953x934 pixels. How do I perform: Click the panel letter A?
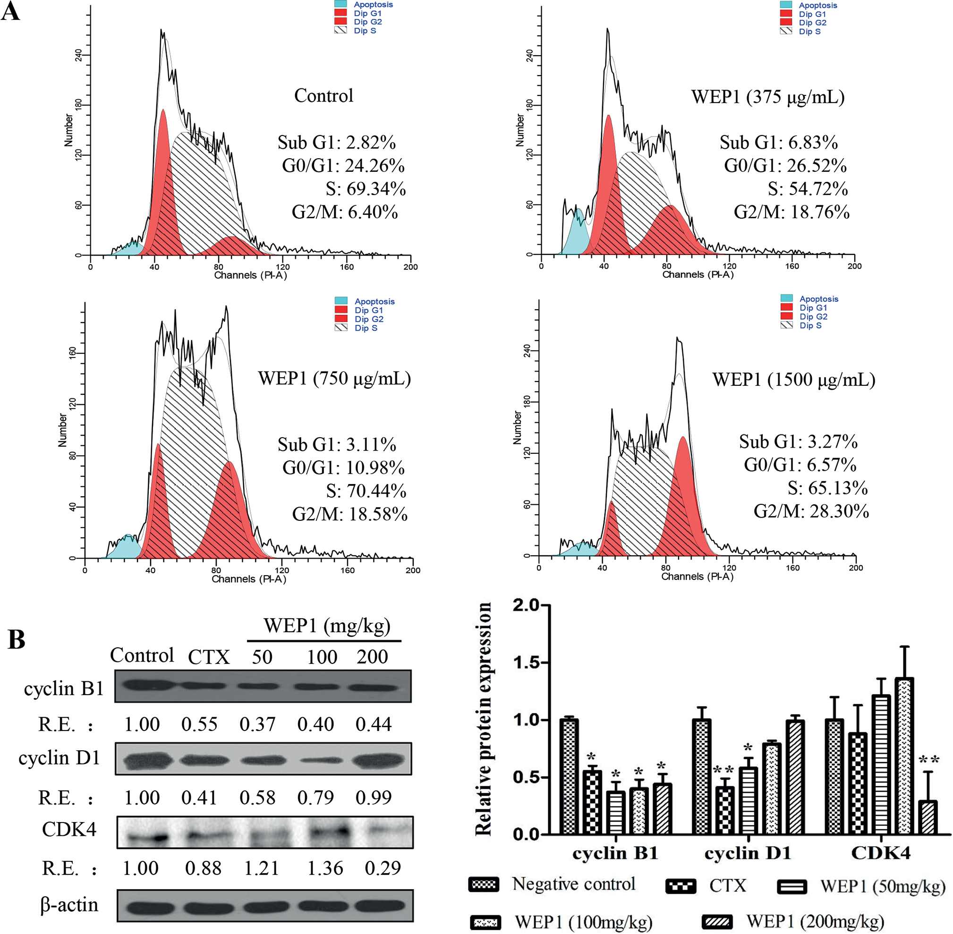(x=11, y=11)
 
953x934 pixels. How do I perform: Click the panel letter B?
(x=17, y=640)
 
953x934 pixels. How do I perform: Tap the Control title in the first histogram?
(x=323, y=96)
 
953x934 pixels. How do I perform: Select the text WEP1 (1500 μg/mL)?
(x=793, y=380)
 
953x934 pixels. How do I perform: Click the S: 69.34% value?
(x=366, y=189)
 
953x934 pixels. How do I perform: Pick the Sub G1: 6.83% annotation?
(x=779, y=142)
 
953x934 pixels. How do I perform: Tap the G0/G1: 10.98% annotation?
(x=343, y=467)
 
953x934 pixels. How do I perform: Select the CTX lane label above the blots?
(x=209, y=657)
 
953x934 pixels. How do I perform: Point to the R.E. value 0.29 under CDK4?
(x=383, y=868)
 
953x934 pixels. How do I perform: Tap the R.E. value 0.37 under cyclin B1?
(x=257, y=724)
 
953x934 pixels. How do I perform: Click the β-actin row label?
(x=69, y=905)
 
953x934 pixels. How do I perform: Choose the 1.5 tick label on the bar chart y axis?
(x=525, y=663)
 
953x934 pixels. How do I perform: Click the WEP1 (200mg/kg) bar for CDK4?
(x=927, y=818)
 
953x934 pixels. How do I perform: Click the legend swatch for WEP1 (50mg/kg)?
(x=791, y=887)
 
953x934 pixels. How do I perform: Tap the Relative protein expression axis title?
(x=484, y=719)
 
